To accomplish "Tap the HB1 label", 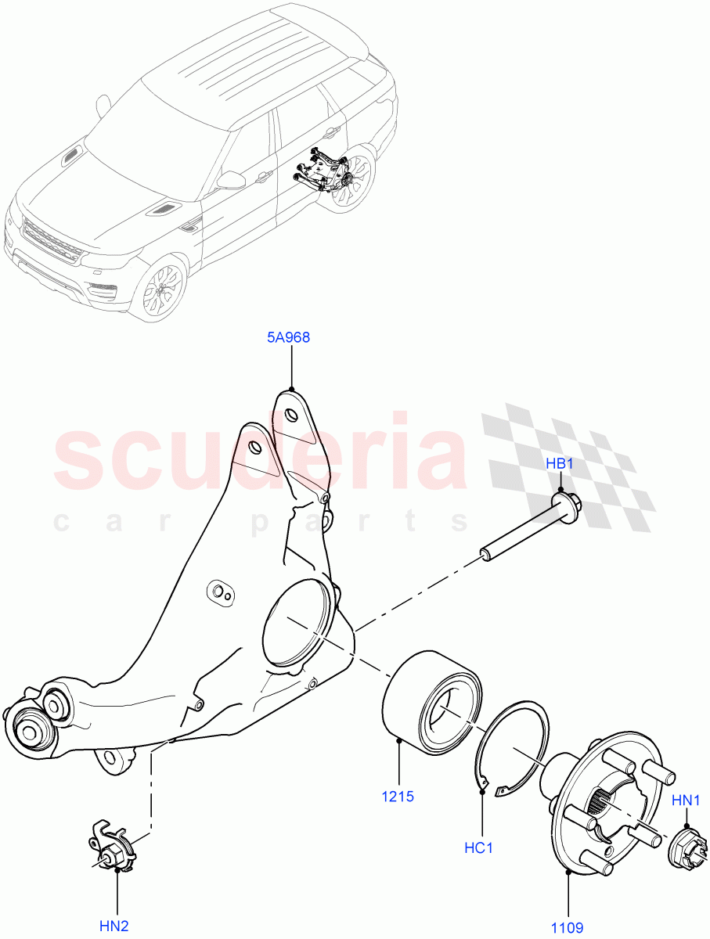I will click(x=560, y=464).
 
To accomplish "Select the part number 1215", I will click(x=398, y=797).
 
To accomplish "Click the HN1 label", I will click(x=687, y=801).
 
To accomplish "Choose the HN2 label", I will click(x=114, y=926).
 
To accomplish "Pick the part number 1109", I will click(x=567, y=928).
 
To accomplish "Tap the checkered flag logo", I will click(x=568, y=466).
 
